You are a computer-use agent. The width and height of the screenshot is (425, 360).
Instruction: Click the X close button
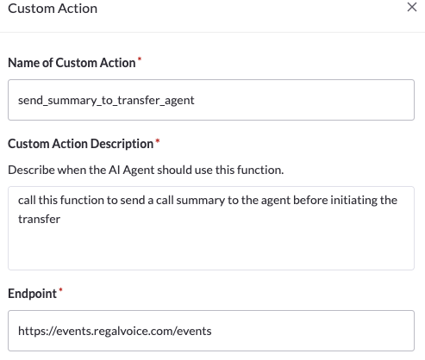tap(412, 7)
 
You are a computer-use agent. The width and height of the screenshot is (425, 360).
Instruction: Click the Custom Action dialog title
tap(53, 9)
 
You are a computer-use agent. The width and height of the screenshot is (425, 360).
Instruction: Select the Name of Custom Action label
tap(72, 63)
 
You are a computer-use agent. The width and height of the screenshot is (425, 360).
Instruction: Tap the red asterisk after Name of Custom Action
tap(140, 59)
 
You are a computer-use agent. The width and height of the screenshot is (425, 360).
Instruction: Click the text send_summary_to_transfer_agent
tap(106, 101)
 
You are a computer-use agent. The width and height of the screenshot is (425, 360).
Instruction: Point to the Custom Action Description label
tap(81, 144)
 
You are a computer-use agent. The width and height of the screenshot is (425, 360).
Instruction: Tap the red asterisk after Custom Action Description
tap(158, 140)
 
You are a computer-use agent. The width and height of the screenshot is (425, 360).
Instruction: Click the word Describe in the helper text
tap(31, 170)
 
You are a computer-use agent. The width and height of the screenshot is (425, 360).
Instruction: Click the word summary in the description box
tap(200, 201)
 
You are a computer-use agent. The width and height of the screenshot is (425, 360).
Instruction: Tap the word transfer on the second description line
tap(39, 219)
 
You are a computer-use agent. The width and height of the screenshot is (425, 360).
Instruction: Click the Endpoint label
tap(32, 294)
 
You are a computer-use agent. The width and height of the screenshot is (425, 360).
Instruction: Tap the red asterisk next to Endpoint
tap(60, 290)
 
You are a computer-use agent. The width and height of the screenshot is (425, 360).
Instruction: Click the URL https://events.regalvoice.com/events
tap(115, 331)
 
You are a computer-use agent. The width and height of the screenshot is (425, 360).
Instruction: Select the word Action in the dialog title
tap(78, 9)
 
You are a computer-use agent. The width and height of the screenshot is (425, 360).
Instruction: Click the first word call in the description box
tap(27, 200)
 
